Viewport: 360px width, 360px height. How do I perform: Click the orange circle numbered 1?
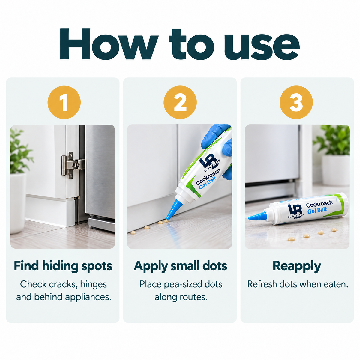[64, 102]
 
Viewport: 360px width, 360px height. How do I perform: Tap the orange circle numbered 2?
[180, 102]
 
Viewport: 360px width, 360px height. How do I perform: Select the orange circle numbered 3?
[296, 102]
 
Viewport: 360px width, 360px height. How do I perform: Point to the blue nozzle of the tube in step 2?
[173, 209]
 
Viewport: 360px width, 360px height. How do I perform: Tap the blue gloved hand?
[217, 148]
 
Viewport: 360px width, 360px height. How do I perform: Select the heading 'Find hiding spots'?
[63, 266]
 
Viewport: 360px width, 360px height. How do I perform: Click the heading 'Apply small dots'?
[181, 266]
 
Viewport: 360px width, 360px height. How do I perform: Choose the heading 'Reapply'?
[297, 266]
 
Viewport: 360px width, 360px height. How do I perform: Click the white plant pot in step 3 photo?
[335, 170]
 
